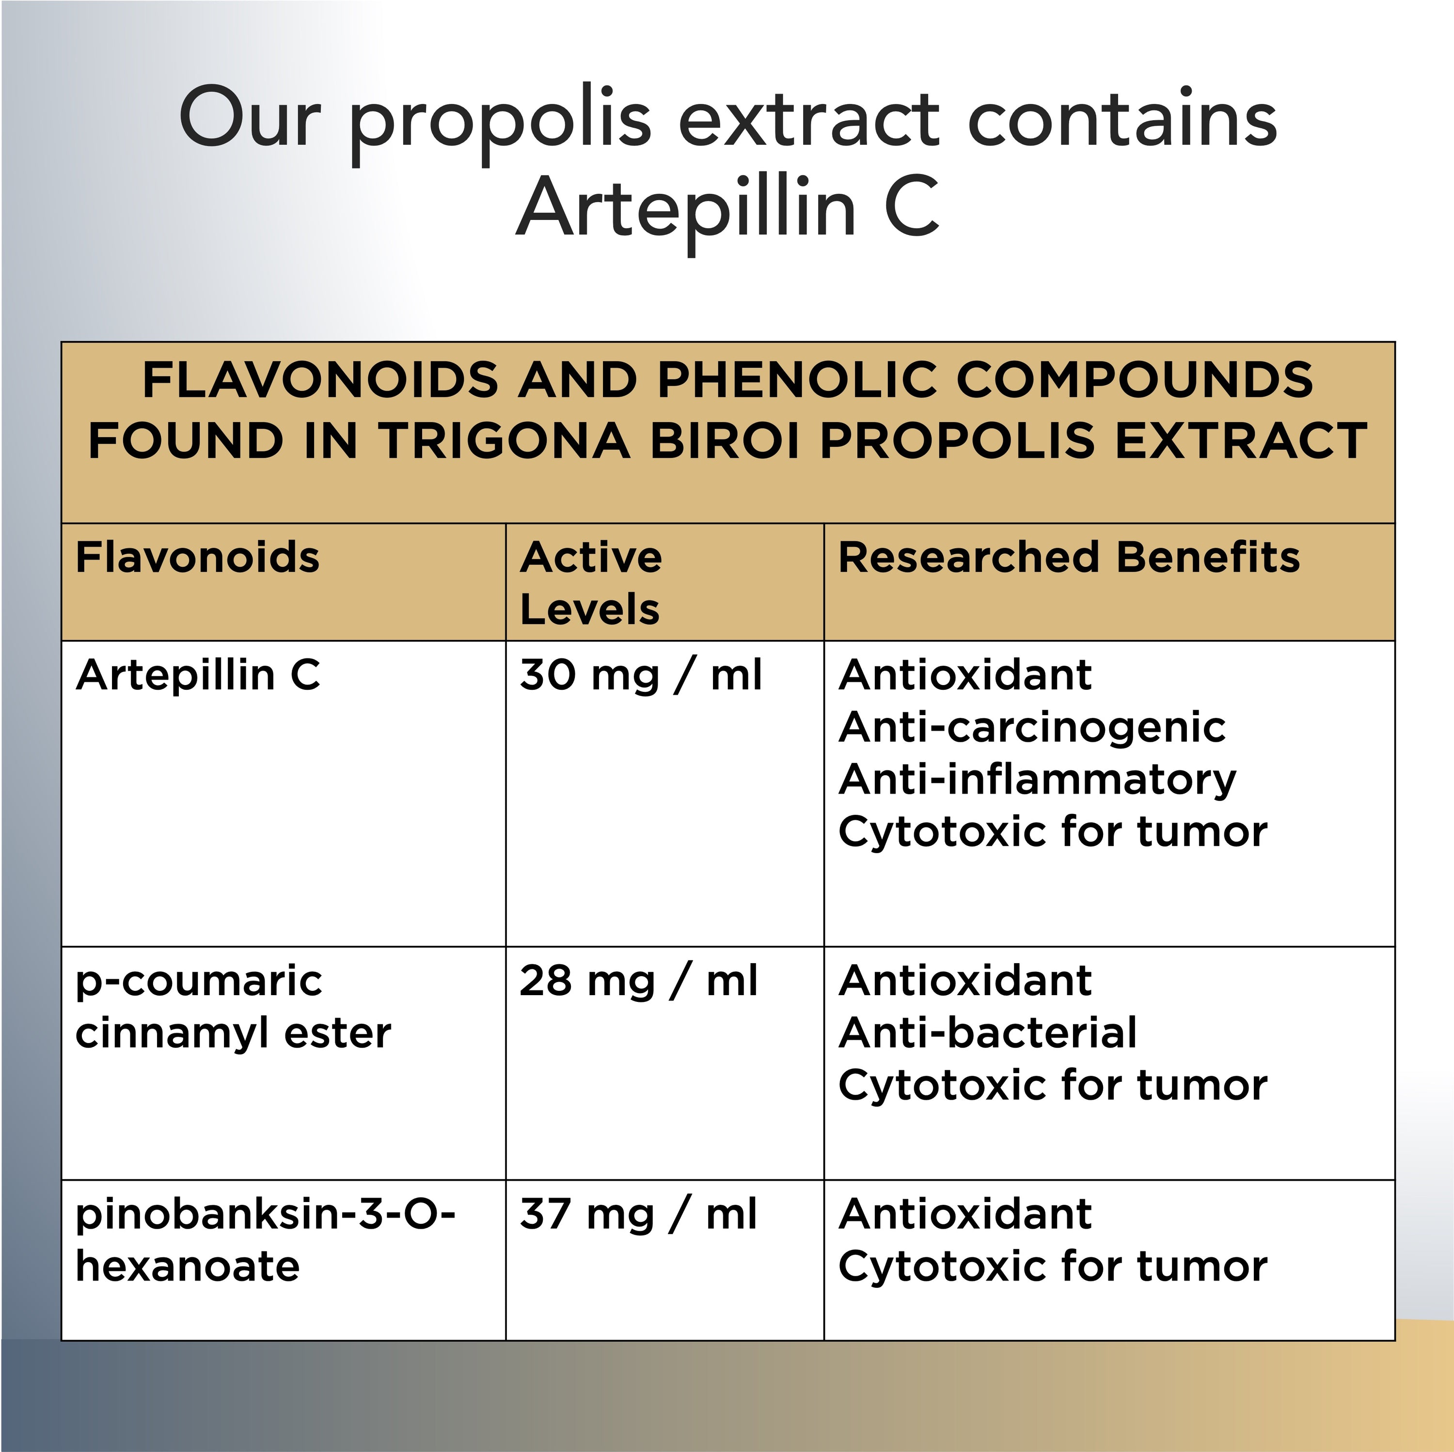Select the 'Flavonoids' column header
click(198, 558)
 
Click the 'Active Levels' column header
click(591, 583)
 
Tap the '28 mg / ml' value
click(639, 981)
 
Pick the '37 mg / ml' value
click(638, 1214)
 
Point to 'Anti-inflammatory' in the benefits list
click(1038, 780)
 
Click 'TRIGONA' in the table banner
click(504, 441)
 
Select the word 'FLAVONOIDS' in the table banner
click(320, 379)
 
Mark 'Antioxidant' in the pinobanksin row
click(965, 1214)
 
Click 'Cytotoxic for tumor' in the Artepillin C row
click(1053, 832)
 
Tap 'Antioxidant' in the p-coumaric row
click(965, 981)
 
